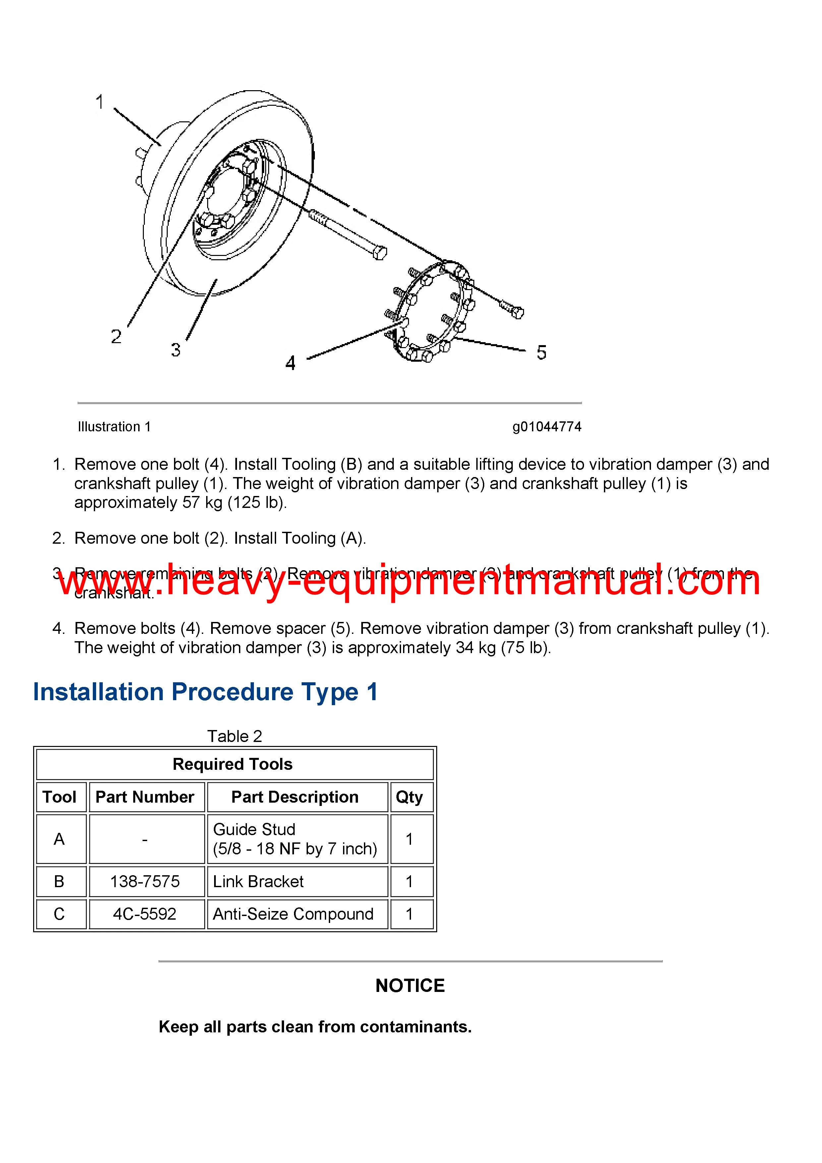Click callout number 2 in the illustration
(116, 337)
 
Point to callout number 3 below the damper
(176, 349)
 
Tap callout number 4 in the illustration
(290, 363)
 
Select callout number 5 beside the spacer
(541, 352)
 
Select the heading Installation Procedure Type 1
(205, 692)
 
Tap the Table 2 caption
(234, 736)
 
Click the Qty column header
(409, 797)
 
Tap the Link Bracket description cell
(258, 882)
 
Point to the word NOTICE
(410, 985)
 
